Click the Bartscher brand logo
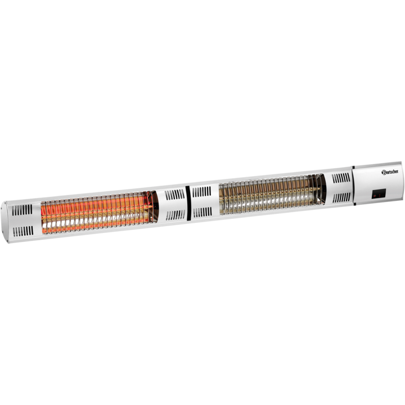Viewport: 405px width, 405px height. (390, 172)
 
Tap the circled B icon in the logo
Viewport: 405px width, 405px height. (384, 172)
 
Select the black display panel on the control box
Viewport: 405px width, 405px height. (379, 193)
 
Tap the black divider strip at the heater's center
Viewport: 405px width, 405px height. (188, 203)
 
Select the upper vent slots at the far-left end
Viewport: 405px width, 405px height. (22, 210)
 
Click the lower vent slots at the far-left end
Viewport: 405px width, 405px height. (23, 231)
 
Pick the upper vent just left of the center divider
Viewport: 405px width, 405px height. (174, 195)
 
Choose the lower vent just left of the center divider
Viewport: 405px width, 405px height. (175, 215)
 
